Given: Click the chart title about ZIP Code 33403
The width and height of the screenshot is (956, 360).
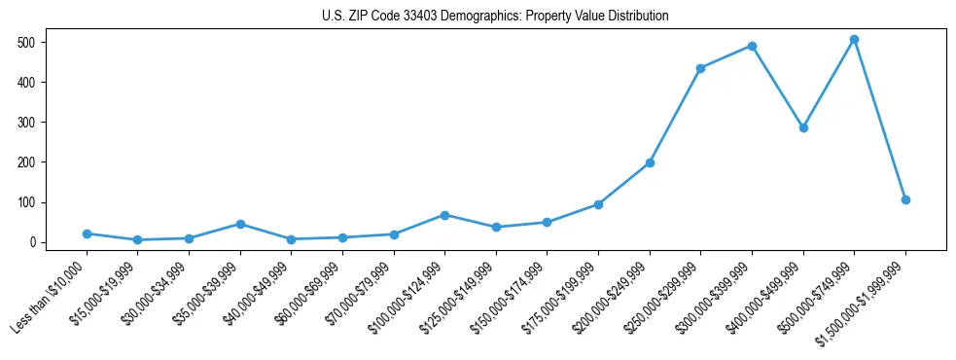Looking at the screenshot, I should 495,17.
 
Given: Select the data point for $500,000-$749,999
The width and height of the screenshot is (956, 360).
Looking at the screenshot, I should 854,40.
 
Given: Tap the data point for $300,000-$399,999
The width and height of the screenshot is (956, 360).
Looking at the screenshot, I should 752,46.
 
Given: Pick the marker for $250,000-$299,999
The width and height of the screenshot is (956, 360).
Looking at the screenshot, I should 700,68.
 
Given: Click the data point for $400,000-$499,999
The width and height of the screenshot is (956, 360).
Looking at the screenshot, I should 803,127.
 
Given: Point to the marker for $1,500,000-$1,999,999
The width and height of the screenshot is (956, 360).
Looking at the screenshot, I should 905,199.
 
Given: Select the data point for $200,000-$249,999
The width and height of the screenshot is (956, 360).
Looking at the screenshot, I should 650,162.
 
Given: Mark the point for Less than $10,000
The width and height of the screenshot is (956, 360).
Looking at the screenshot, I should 87,234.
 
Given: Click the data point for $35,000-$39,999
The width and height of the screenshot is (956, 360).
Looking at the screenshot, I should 240,224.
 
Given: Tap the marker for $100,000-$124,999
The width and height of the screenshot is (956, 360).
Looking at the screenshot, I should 444,215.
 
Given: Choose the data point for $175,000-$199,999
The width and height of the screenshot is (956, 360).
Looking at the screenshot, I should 598,204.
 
